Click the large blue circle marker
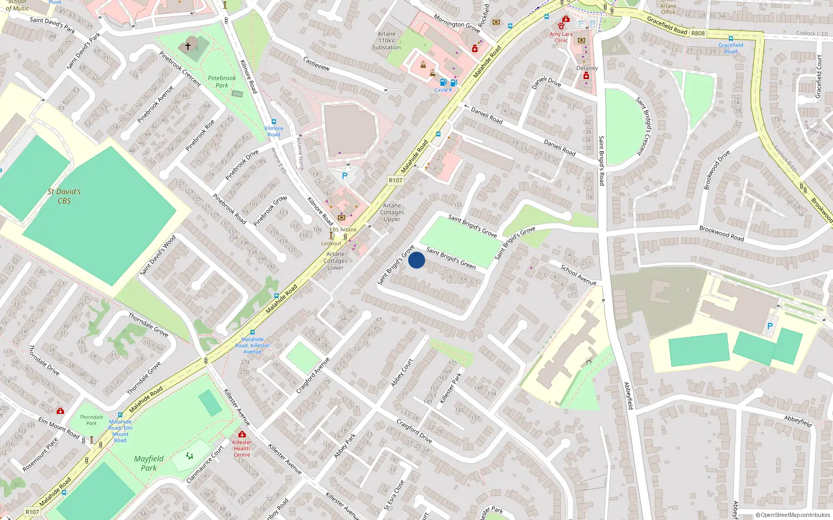416,260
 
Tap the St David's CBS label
64,196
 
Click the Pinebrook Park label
222,82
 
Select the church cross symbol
188,46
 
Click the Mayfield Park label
148,463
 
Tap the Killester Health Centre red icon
242,434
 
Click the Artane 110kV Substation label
386,41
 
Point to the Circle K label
443,90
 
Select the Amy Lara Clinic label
561,37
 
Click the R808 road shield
698,33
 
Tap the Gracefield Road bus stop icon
731,38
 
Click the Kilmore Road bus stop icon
274,122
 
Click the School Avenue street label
578,275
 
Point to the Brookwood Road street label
721,233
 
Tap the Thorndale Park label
91,420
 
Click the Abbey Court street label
401,373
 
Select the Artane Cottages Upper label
392,212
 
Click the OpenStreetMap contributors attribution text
792,515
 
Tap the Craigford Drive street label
414,431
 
